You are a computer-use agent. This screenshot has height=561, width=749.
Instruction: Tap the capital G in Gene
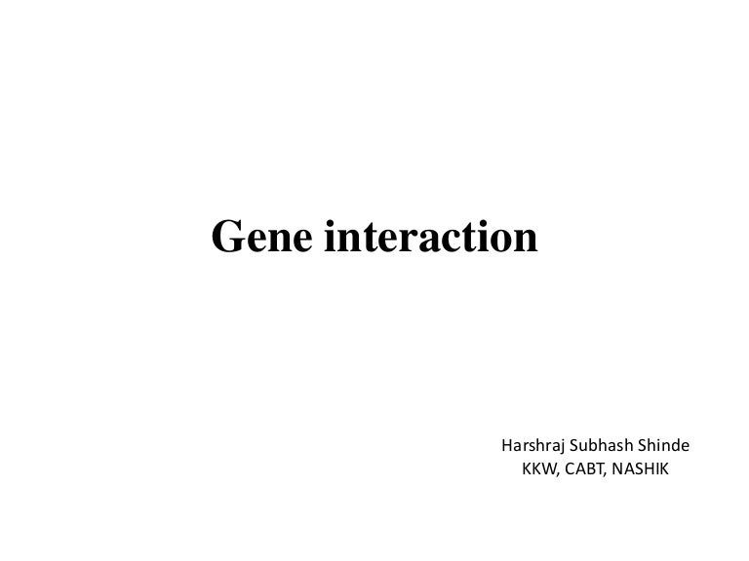point(229,236)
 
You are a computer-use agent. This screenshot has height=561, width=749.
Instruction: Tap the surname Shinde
point(666,447)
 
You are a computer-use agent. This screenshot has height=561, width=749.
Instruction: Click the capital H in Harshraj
point(506,447)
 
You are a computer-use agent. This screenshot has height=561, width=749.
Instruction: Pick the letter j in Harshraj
point(563,449)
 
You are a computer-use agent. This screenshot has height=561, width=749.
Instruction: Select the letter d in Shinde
point(675,447)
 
